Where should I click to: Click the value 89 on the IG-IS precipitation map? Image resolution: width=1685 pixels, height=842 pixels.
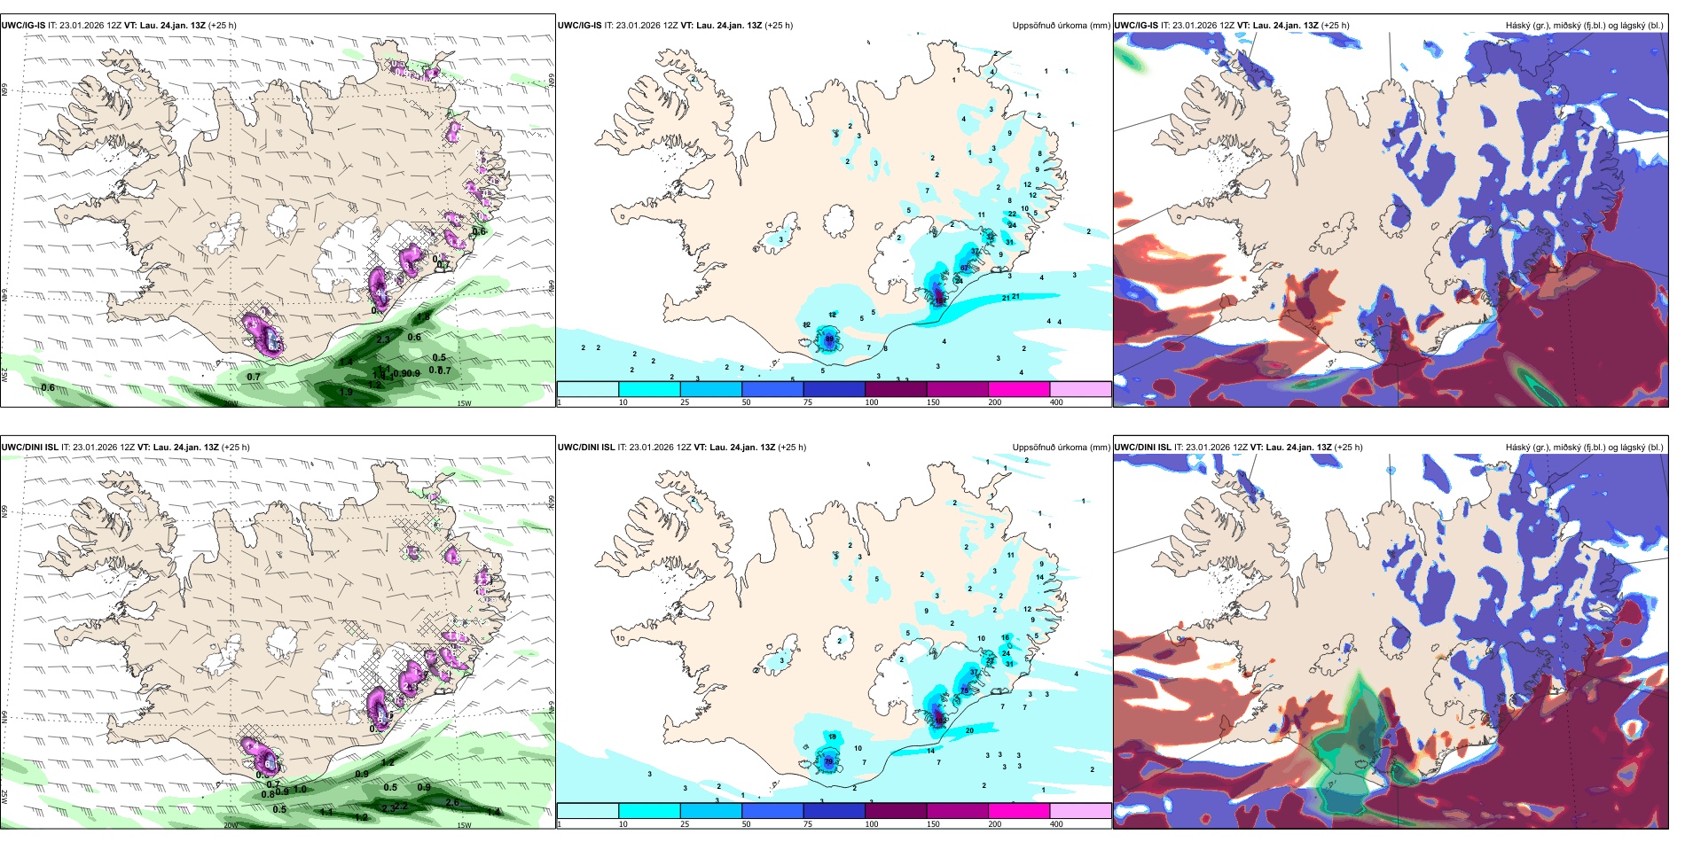829,339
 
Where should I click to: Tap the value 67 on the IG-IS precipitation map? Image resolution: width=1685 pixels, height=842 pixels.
964,268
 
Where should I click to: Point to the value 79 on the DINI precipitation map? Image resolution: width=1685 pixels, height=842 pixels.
828,760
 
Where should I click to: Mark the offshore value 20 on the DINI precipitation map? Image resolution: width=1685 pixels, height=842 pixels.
969,730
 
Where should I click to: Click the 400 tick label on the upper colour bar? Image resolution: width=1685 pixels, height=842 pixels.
1056,402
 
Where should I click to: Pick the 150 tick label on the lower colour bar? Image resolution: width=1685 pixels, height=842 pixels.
933,824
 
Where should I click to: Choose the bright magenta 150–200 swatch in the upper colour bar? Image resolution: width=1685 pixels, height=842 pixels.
1019,389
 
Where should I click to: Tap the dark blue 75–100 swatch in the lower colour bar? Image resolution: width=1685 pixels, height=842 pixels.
834,811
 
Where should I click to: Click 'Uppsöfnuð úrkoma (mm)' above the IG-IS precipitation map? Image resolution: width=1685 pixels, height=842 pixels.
1061,26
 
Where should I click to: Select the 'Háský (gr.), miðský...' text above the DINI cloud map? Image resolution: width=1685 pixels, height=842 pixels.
1584,448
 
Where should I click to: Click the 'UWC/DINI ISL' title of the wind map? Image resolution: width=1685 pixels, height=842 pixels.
30,448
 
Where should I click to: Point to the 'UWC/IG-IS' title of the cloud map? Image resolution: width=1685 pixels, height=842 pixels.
1136,26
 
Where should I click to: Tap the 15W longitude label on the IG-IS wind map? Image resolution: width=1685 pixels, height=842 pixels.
464,403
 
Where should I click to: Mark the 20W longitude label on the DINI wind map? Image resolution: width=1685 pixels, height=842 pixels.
231,825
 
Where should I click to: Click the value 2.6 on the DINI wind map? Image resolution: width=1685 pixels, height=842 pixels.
452,802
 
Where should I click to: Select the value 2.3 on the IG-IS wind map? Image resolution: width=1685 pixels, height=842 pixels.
383,339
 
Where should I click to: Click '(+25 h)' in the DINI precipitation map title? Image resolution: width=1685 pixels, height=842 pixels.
792,448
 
